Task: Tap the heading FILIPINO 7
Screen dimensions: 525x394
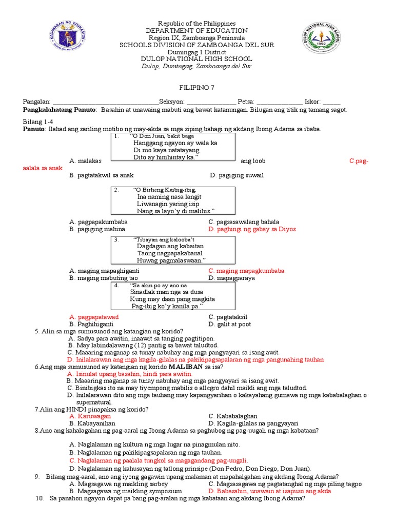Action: point(197,88)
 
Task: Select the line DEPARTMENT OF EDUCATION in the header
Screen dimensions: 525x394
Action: point(197,31)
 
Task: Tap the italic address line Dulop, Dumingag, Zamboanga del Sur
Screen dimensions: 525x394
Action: point(197,66)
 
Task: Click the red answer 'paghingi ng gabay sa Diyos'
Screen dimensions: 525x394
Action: point(252,229)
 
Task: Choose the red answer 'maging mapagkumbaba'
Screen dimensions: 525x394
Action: point(246,271)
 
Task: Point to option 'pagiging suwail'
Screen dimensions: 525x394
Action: point(237,175)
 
